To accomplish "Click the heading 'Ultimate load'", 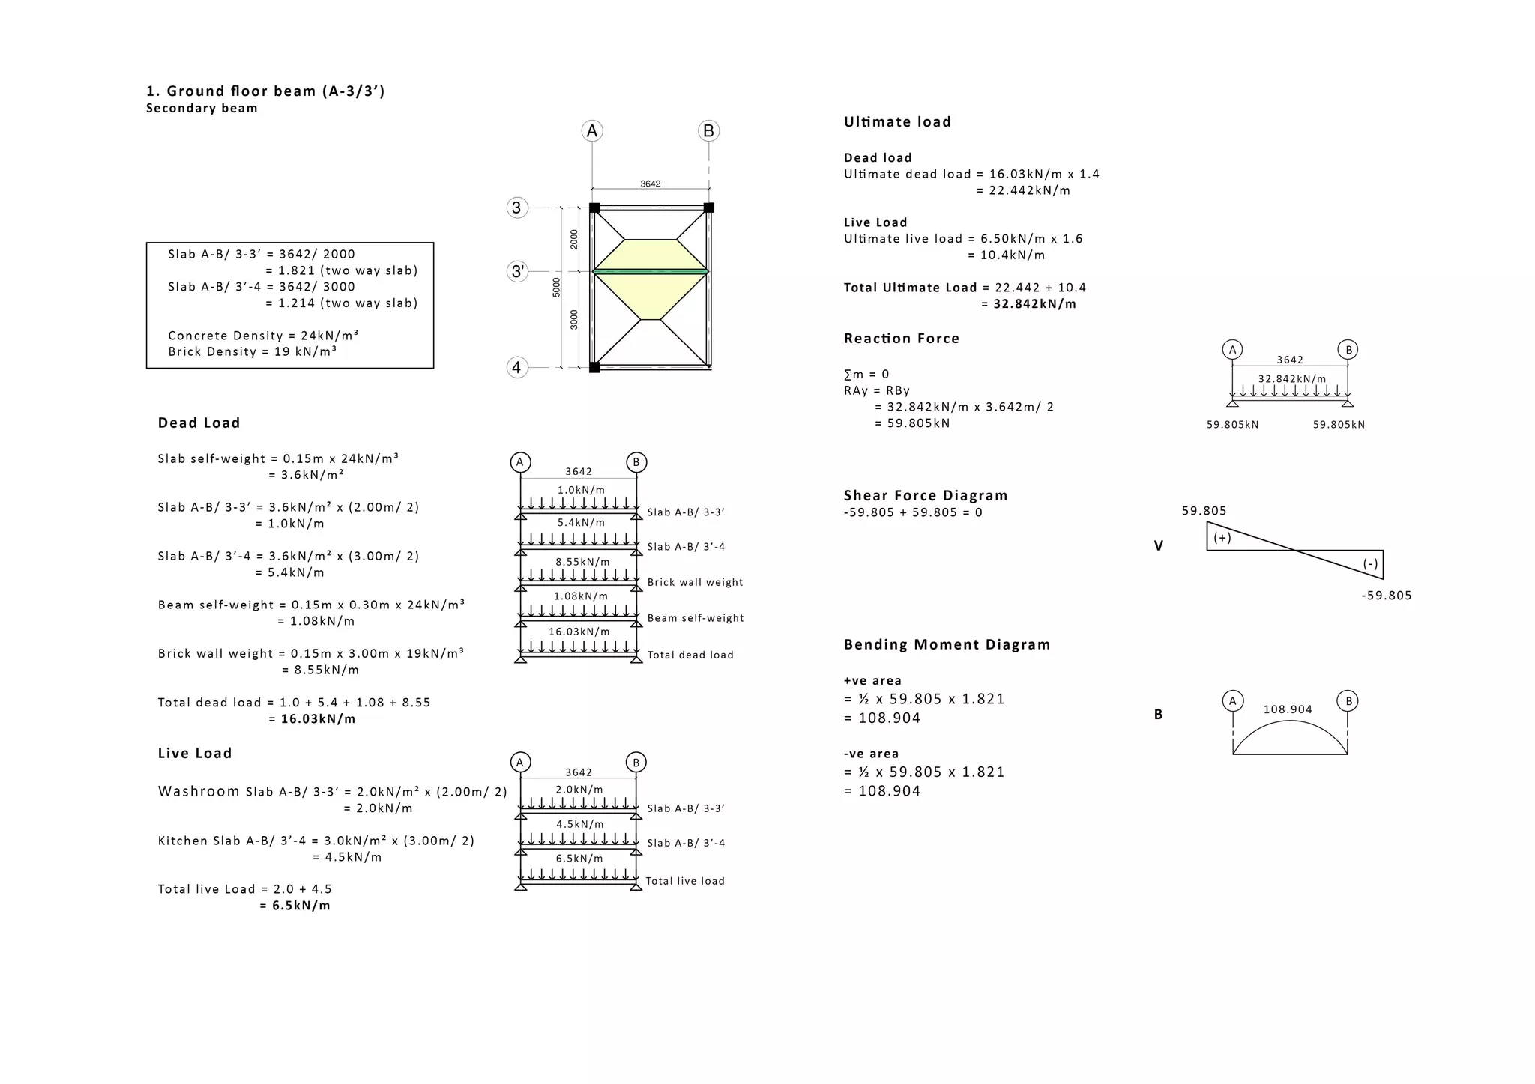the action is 897,122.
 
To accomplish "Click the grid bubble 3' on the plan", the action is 517,271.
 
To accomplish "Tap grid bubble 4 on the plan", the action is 516,368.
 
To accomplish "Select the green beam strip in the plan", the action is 651,271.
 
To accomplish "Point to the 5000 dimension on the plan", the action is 556,287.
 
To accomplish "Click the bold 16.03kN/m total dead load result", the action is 318,719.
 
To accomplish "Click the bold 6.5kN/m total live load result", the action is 301,906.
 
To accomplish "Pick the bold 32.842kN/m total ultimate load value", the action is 1034,304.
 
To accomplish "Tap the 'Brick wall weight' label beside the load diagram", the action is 695,583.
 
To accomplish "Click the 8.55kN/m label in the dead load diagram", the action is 582,562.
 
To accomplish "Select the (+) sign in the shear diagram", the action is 1222,538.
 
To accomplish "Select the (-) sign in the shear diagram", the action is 1370,564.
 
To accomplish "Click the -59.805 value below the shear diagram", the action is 1386,596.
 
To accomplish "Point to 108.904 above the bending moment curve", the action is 1288,709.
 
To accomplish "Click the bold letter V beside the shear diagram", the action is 1159,546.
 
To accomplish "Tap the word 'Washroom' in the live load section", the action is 199,791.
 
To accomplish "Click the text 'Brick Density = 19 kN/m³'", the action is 252,352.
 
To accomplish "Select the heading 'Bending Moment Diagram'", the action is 947,645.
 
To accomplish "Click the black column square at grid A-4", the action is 594,367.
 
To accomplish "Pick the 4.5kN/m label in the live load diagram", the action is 579,825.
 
